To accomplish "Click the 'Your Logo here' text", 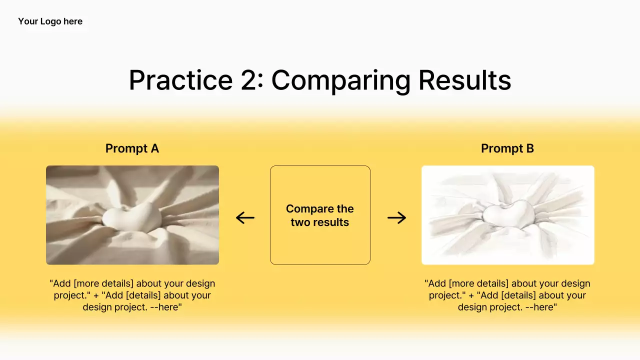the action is [50, 21].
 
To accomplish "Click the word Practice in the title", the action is [181, 80].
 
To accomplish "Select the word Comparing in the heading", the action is [341, 81].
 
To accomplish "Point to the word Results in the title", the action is [465, 80].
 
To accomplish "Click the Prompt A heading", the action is [132, 148].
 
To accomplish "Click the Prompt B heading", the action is [507, 148].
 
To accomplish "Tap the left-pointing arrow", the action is [245, 217].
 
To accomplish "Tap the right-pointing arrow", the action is [397, 217].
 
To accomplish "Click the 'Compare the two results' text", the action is [320, 215].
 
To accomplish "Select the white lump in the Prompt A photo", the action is [132, 217].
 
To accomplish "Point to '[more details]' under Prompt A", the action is [103, 283].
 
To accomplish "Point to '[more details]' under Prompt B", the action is [479, 283].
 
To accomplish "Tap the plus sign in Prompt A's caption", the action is [96, 295].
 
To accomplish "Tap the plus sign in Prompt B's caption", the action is [471, 295].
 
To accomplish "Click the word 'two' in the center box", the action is [301, 222].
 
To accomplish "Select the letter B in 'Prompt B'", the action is [530, 148].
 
